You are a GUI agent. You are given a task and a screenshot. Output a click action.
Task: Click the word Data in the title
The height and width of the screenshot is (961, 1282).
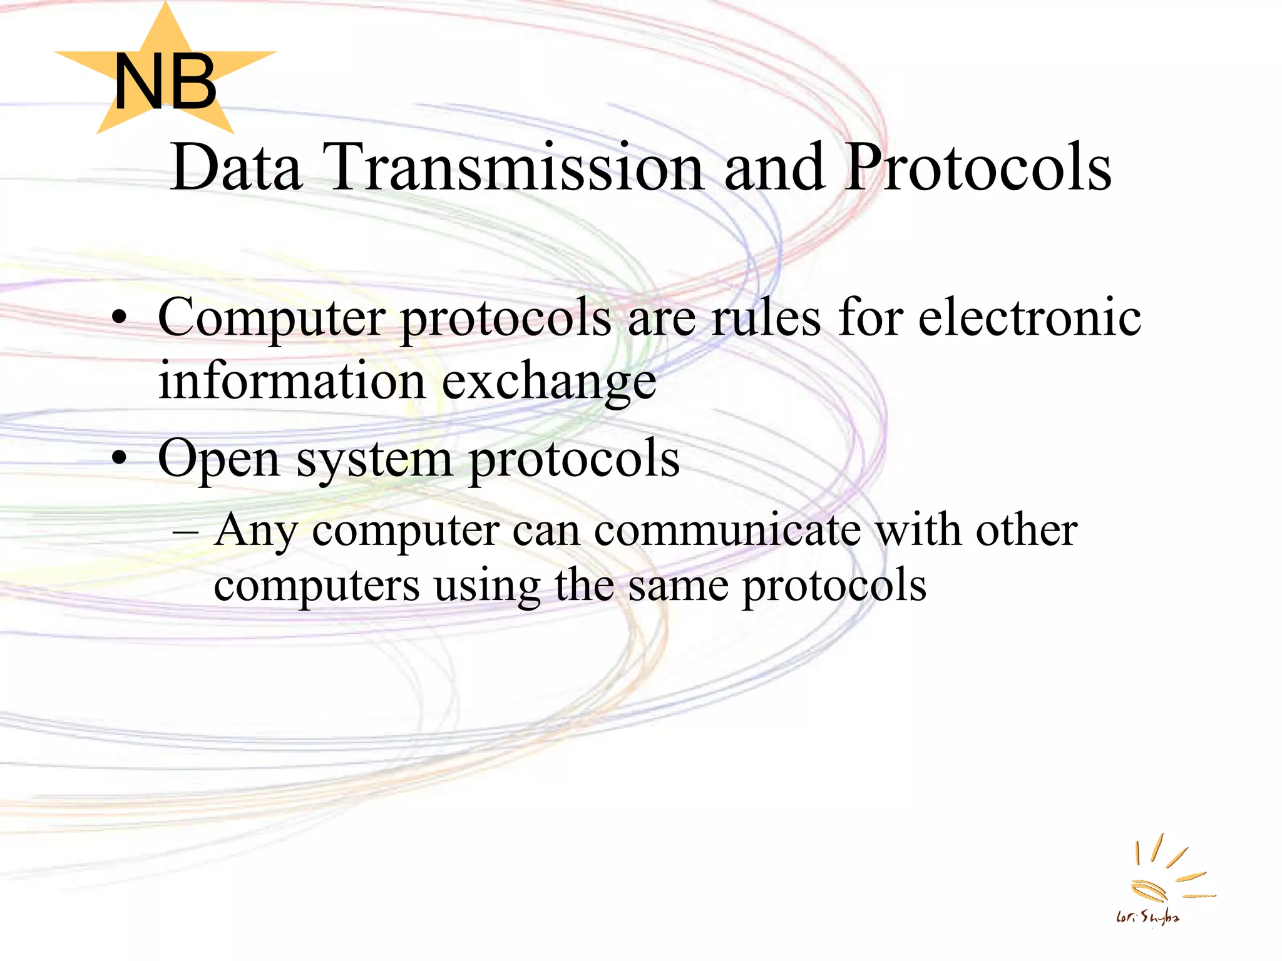pyautogui.click(x=236, y=167)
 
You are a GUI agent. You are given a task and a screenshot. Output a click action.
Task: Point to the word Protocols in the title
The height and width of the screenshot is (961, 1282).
pyautogui.click(x=978, y=167)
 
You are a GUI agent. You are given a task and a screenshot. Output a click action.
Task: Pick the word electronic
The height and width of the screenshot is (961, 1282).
pyautogui.click(x=1030, y=318)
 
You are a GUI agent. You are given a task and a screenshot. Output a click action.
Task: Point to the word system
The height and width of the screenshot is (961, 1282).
pyautogui.click(x=374, y=460)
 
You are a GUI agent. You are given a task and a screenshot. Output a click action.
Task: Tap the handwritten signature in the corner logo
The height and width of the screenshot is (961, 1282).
pyautogui.click(x=1147, y=917)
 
